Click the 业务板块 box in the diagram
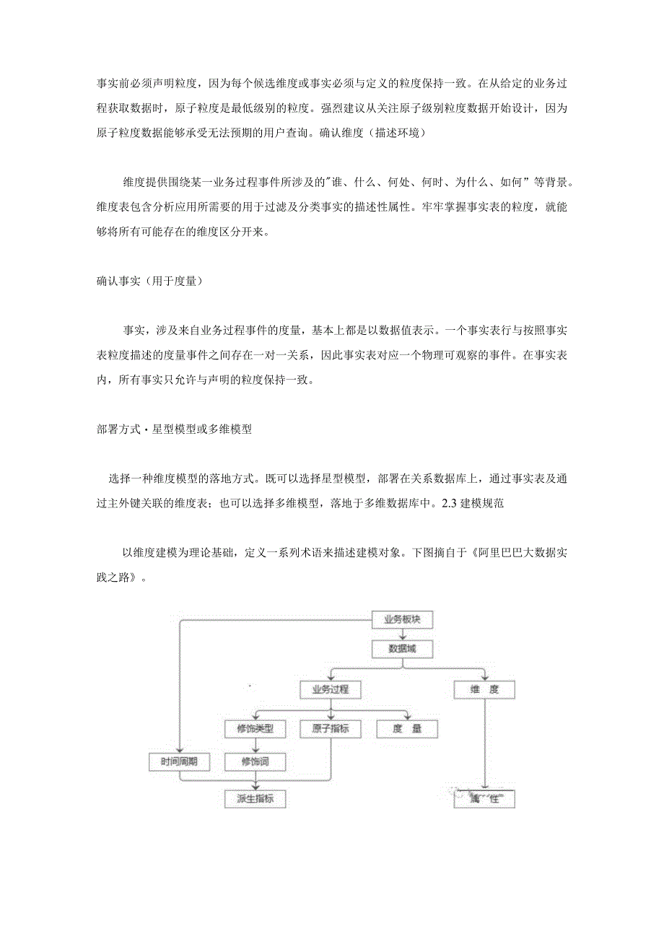[402, 619]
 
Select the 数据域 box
[402, 649]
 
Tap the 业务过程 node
[331, 689]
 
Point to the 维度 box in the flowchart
[484, 689]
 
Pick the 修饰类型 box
[255, 729]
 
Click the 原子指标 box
[331, 729]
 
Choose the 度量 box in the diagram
[408, 729]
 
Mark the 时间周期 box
[179, 761]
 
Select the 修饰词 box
[255, 761]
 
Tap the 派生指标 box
[255, 799]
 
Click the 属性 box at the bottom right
[484, 800]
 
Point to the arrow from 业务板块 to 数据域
[402, 634]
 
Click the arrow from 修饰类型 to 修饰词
[255, 746]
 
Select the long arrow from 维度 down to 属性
[484, 743]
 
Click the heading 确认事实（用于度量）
[149, 281]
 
